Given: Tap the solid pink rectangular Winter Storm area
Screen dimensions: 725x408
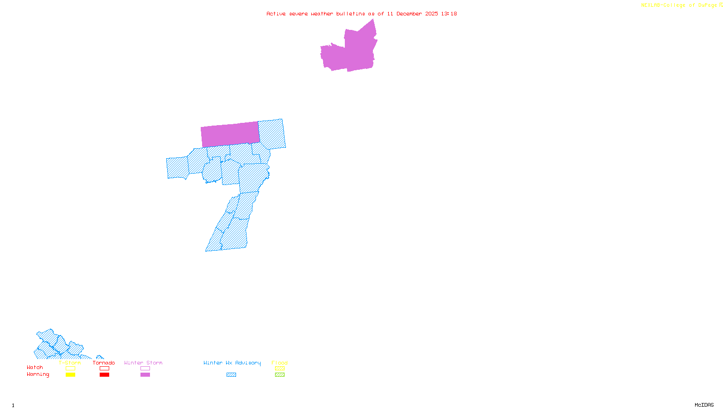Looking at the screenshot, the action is [x=230, y=134].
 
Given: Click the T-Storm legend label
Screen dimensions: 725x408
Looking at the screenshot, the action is [x=70, y=363].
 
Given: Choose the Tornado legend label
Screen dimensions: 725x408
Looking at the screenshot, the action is [x=104, y=363].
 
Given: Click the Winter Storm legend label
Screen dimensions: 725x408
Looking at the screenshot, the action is [x=143, y=363].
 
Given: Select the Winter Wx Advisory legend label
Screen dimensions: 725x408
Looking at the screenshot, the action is [x=232, y=363].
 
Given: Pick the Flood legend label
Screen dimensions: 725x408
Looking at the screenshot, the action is [x=280, y=363].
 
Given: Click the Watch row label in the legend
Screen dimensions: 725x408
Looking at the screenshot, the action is [x=35, y=368].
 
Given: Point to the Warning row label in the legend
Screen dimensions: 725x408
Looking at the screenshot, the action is [x=38, y=374].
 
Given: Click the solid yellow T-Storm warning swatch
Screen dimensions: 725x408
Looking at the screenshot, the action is [x=70, y=375].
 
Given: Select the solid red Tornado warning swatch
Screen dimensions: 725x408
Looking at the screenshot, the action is [x=104, y=375].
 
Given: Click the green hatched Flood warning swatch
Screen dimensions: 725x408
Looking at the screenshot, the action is [x=280, y=375].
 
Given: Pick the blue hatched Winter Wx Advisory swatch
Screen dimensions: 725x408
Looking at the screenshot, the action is [x=232, y=375].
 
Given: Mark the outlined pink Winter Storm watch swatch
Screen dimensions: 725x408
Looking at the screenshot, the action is [x=145, y=369].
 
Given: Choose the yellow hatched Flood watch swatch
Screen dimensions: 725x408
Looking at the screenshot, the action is [x=280, y=369].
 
